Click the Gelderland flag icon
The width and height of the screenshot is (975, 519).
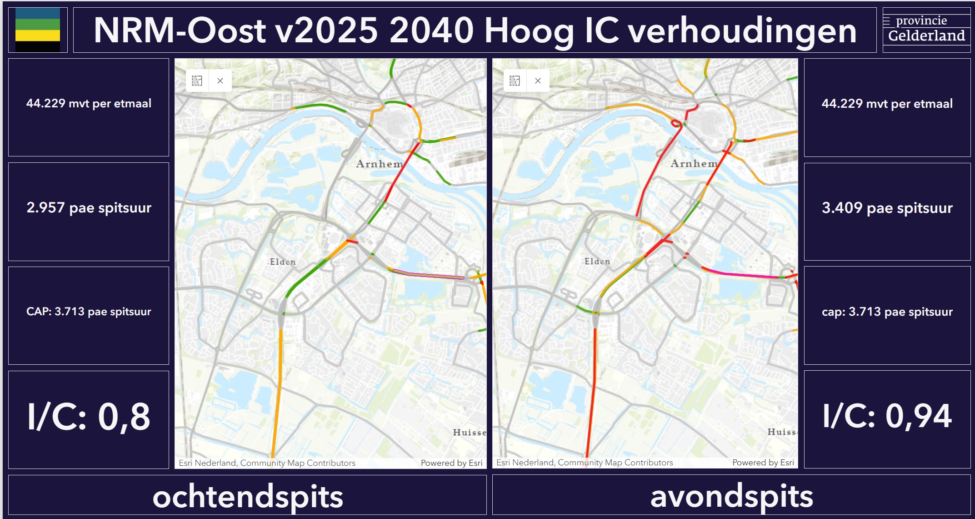[38, 30]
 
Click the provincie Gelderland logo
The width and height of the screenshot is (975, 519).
[926, 30]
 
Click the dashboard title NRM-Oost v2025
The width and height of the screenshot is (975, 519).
[475, 30]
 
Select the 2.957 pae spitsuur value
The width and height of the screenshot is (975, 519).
[89, 208]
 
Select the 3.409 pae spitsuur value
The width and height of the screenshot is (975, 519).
[887, 208]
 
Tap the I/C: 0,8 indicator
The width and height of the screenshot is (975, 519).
[89, 417]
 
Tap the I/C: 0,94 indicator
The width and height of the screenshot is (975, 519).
[887, 416]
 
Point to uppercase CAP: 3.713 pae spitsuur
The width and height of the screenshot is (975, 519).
[89, 312]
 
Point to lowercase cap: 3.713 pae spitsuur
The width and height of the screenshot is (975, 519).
[887, 312]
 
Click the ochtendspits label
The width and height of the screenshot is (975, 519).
[248, 496]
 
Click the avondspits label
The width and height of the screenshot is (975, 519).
[731, 496]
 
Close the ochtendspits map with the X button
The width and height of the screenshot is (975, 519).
[220, 81]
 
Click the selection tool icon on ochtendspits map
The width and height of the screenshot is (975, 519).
[197, 81]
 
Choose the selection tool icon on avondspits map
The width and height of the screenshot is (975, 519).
[515, 81]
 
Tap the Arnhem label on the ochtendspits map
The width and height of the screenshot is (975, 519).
[379, 164]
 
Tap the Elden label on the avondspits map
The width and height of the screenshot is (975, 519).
[597, 262]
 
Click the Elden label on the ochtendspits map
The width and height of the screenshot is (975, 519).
[283, 262]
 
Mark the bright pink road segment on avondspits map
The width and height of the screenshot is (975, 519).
[741, 274]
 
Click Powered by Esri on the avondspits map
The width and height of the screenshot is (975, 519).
[763, 463]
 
